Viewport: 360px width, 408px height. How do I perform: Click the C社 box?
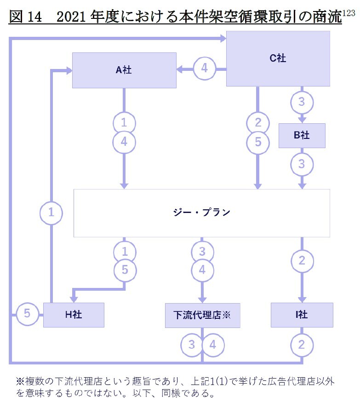278,58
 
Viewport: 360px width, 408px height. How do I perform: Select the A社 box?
124,70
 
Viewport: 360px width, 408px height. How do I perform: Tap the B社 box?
302,135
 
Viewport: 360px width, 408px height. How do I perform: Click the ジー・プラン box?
202,213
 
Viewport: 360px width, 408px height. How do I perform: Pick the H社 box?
74,315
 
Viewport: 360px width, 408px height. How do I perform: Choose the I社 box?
302,315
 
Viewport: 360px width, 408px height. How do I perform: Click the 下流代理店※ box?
202,315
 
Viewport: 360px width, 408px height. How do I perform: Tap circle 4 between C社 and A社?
204,69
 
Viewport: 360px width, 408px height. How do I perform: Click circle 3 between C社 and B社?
302,102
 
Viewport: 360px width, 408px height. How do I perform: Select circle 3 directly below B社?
302,164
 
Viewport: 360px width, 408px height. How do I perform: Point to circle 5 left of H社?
27,315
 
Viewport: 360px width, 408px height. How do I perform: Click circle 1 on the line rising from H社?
51,213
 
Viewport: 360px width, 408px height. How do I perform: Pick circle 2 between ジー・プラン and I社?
302,261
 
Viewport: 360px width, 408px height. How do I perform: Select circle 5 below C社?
258,142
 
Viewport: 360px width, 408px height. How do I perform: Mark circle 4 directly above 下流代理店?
202,270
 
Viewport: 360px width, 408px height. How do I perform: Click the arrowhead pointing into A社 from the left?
69,70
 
